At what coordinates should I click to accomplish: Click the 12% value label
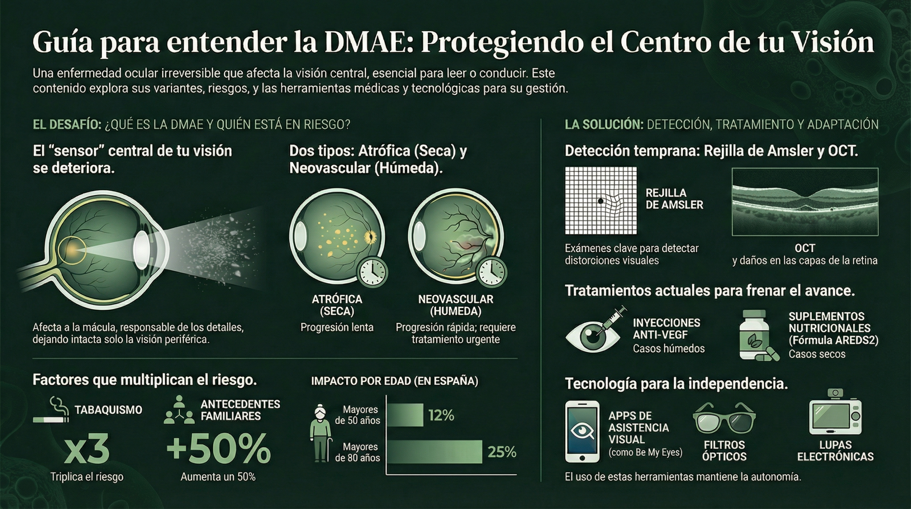click(441, 415)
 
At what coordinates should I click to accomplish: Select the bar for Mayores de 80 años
click(434, 452)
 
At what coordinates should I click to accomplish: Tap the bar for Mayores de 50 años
click(405, 415)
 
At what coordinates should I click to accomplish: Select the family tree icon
click(179, 410)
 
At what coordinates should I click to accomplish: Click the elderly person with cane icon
click(321, 433)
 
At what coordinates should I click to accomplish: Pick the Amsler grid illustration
click(601, 201)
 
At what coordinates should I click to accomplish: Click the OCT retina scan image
click(805, 202)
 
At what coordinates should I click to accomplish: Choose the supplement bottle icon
click(754, 335)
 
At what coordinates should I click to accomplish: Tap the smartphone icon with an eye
click(582, 431)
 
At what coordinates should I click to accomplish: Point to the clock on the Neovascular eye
click(491, 273)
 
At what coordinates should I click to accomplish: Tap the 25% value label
click(502, 452)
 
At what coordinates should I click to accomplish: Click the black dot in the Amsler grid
click(601, 201)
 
